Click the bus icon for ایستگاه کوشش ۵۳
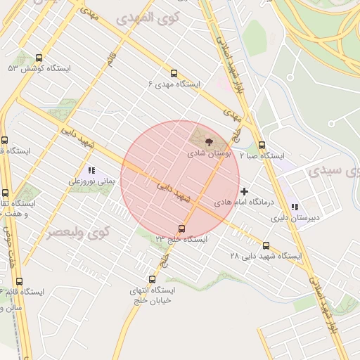click(x=39, y=58)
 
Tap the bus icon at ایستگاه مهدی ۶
click(x=174, y=73)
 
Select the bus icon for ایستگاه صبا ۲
click(x=262, y=145)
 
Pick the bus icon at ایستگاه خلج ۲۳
click(x=182, y=229)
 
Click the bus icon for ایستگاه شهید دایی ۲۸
click(x=266, y=245)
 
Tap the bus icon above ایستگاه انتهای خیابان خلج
click(x=152, y=280)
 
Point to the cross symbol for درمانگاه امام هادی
click(x=245, y=191)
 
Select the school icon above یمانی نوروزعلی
click(x=91, y=170)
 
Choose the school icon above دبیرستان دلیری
click(x=295, y=207)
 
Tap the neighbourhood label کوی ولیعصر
click(x=79, y=232)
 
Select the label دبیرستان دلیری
click(x=296, y=217)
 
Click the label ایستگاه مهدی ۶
click(x=174, y=84)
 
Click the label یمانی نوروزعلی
click(x=91, y=181)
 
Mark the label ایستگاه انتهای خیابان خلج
click(x=152, y=295)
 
